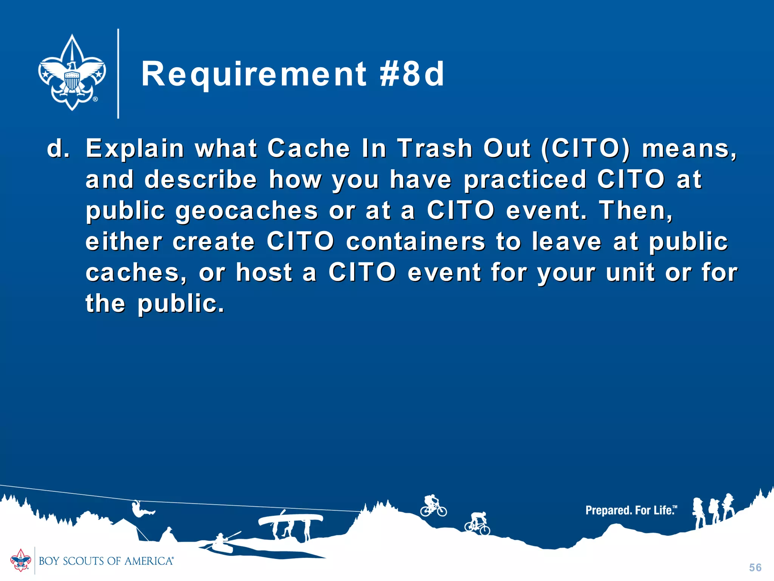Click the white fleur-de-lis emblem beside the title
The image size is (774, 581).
(x=72, y=73)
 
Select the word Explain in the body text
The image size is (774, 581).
(x=135, y=148)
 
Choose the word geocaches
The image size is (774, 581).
(x=247, y=211)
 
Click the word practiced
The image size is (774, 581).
(x=525, y=179)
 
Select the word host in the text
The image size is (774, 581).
(x=264, y=272)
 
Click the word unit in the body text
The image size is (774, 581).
(x=630, y=272)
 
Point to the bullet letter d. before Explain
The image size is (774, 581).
(x=58, y=148)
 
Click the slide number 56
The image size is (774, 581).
(x=755, y=567)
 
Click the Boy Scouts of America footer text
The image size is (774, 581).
(x=106, y=561)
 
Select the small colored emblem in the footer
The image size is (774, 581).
(x=20, y=560)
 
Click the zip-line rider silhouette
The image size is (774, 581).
(x=142, y=510)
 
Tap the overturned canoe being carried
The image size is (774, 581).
(x=290, y=519)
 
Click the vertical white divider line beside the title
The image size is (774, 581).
(x=118, y=74)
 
